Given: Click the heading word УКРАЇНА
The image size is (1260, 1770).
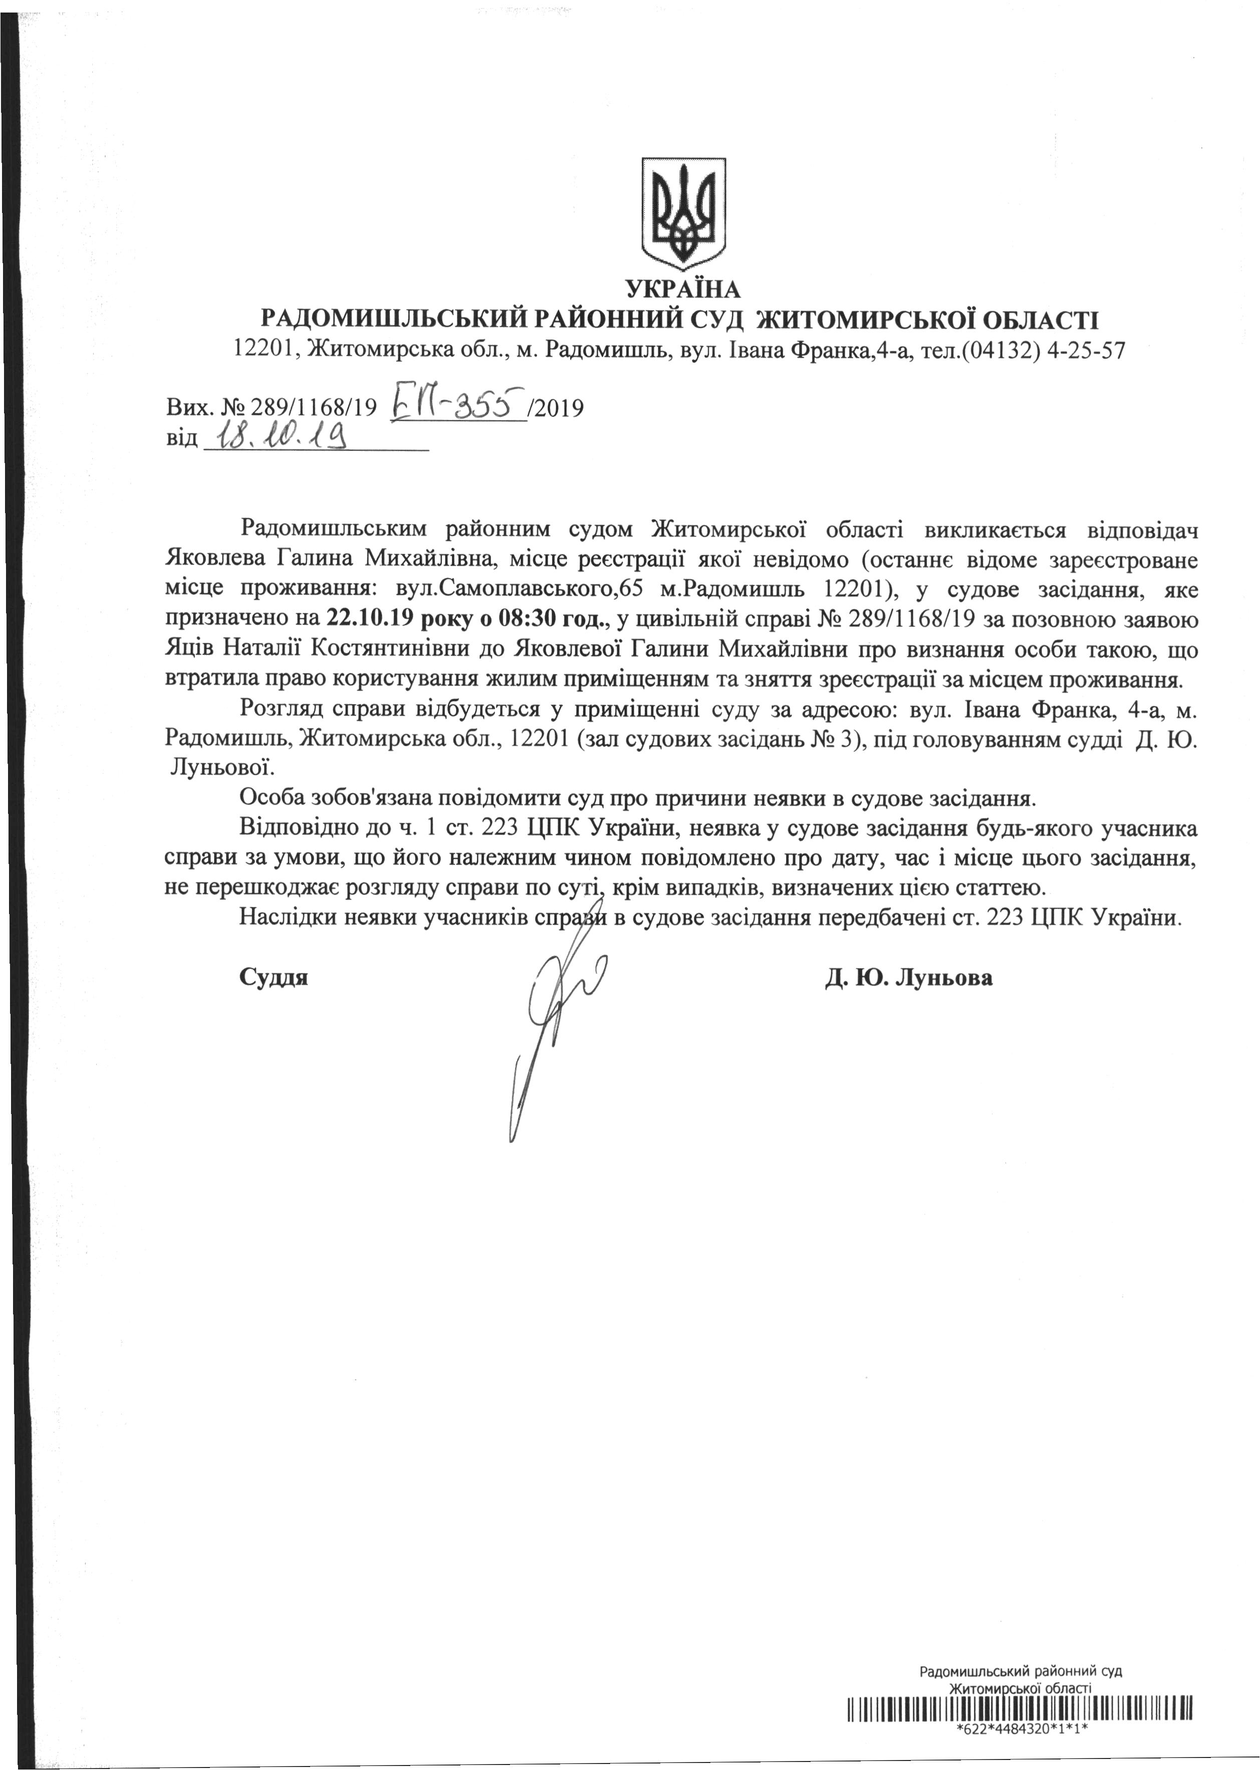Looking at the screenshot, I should click(683, 290).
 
